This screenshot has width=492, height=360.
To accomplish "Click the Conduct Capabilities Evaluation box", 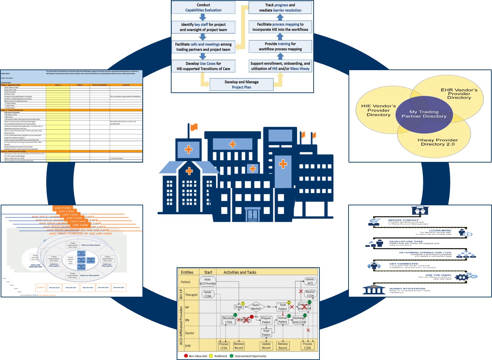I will [x=203, y=8].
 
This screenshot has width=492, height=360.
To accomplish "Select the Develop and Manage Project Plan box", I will [x=241, y=85].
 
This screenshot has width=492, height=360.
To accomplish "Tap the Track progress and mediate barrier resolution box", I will [x=280, y=8].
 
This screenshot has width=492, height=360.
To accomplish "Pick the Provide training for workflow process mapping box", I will [x=280, y=47].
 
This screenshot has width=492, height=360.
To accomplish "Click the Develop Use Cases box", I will [x=203, y=66].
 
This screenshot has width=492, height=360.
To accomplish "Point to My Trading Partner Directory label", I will [x=424, y=114].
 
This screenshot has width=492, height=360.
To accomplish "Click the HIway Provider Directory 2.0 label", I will [x=438, y=142].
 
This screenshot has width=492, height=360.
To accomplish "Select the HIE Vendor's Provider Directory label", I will [x=378, y=111].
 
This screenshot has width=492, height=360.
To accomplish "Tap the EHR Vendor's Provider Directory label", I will [x=459, y=94].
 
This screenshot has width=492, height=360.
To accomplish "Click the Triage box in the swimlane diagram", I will [x=239, y=307].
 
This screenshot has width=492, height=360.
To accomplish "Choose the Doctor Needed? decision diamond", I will [x=256, y=307].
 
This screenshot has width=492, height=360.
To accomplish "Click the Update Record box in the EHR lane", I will [x=266, y=346].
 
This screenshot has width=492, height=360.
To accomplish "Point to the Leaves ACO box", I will [x=310, y=281].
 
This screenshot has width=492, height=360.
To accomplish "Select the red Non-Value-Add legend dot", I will [x=186, y=356].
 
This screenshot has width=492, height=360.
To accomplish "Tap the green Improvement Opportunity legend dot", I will [x=231, y=356].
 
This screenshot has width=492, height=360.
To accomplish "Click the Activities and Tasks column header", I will [x=240, y=272].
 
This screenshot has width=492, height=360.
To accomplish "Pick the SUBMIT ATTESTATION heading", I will [x=407, y=288].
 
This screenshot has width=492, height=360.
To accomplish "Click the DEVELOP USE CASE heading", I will [x=406, y=242].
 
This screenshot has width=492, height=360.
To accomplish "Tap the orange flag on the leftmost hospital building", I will [x=194, y=127].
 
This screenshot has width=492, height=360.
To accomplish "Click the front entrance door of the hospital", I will [x=252, y=215].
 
